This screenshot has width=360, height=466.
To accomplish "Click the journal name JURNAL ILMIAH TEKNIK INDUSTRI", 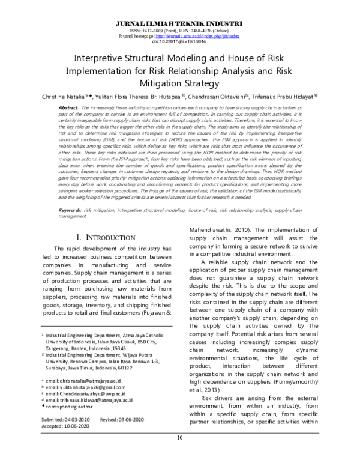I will point(179,22).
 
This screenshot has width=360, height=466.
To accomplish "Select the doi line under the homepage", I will point(179,41).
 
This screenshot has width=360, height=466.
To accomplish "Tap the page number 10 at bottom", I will point(179,455).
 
